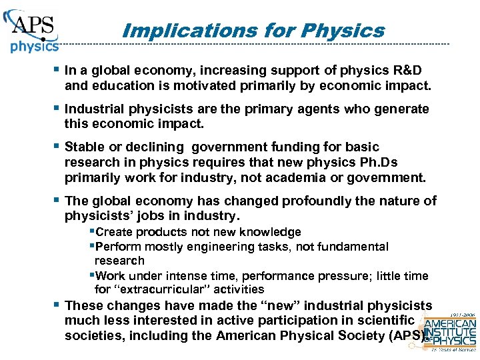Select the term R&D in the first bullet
point(407,71)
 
